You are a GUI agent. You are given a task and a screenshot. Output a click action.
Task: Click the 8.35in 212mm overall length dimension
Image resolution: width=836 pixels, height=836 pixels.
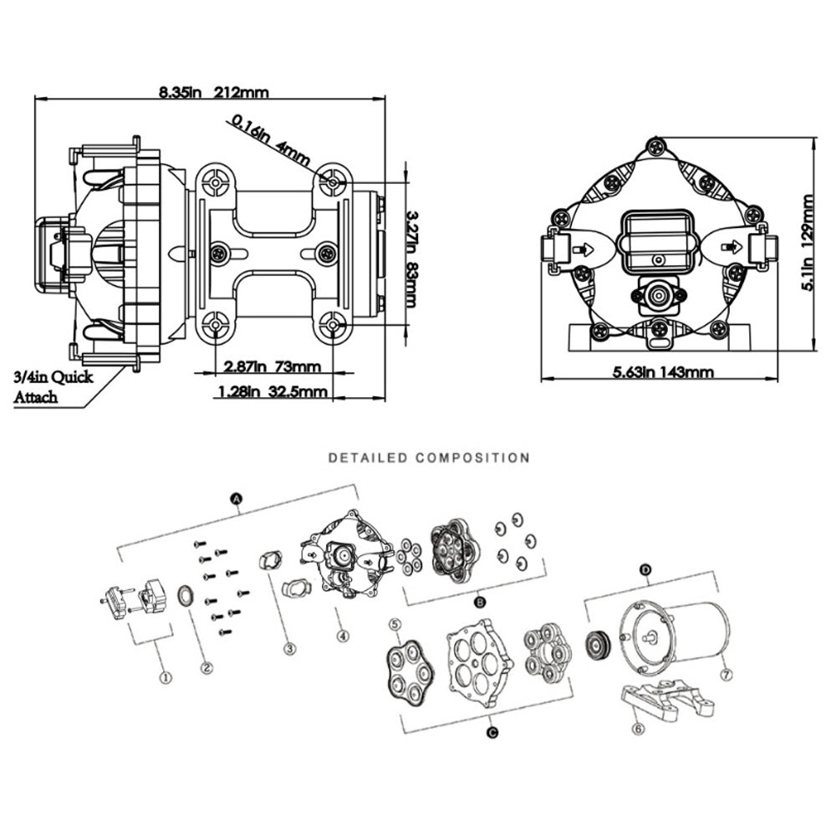point(214,93)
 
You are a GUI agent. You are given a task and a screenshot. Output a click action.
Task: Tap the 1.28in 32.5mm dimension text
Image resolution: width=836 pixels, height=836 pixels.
point(272,390)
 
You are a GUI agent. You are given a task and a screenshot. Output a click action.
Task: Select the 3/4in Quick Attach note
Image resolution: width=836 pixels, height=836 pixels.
point(52,386)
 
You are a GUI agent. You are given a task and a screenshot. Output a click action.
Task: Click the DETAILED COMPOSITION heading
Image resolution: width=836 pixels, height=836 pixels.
point(429,458)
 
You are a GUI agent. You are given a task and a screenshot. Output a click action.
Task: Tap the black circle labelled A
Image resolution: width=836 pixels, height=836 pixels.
point(237,499)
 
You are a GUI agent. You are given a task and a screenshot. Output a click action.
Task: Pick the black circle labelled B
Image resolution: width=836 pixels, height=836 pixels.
point(480,601)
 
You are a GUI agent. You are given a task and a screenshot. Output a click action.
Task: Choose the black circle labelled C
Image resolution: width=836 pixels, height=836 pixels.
point(492,732)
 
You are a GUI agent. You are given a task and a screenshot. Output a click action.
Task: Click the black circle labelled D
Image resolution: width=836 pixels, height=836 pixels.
point(645,570)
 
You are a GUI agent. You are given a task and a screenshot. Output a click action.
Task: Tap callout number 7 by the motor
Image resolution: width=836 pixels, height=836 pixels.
point(726,672)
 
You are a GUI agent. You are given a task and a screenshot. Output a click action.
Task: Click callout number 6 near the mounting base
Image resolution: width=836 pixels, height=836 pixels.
point(640,729)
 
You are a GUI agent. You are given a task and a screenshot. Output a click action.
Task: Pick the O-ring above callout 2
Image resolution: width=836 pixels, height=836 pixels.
point(188,596)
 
